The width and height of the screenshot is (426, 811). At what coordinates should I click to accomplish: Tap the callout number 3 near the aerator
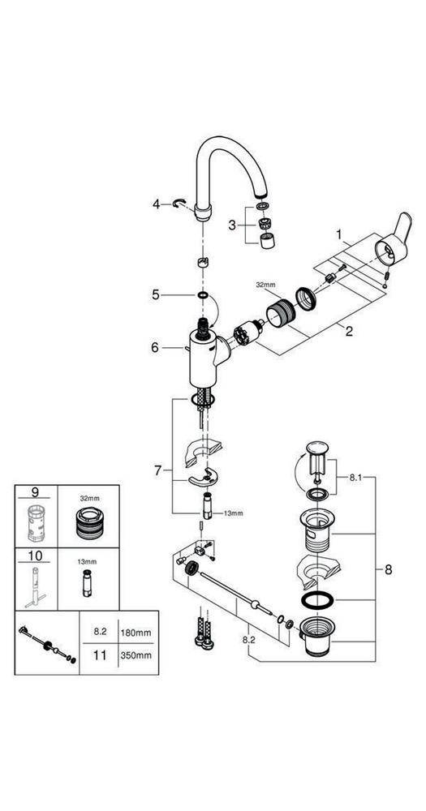point(233,224)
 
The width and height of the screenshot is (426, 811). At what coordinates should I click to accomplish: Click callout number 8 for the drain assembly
point(389,569)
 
